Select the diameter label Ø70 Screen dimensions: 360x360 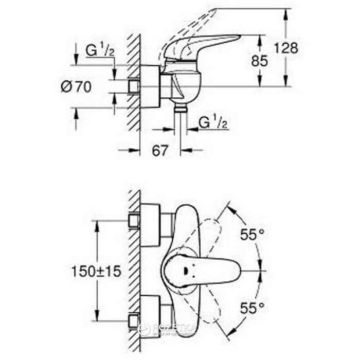coord(76,87)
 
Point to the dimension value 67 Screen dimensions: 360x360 coord(160,150)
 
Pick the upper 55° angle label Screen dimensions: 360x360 coord(252,235)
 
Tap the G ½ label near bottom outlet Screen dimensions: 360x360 coord(211,123)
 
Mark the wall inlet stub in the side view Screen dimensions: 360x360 coord(135,86)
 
